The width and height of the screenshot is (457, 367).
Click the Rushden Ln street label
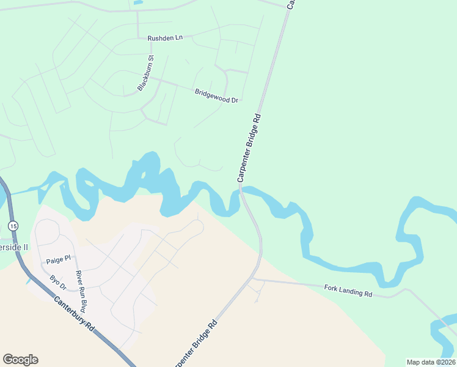[165, 38]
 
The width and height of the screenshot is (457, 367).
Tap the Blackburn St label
[145, 73]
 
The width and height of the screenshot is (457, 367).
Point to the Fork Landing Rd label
[348, 291]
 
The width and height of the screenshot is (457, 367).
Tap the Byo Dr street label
[57, 282]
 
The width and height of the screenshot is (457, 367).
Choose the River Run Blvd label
[79, 291]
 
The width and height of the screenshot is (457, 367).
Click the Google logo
[20, 360]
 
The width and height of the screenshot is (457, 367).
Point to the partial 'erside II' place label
[14, 247]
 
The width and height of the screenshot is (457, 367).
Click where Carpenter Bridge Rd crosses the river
[242, 191]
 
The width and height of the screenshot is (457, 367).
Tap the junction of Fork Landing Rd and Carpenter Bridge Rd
[253, 279]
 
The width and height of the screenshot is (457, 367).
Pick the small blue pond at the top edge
[137, 2]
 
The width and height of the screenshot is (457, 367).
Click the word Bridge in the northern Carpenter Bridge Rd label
[249, 146]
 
